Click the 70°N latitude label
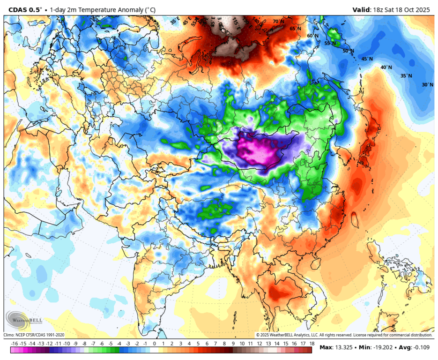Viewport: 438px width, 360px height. point(279,21)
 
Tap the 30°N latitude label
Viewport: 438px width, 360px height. point(427,85)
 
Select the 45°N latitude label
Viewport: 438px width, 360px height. point(367,59)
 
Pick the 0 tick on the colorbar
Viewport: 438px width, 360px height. point(154,349)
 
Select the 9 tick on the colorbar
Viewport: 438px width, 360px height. point(233,349)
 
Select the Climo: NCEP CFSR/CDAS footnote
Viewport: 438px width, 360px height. point(34,335)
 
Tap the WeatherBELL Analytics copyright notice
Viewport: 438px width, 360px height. point(343,335)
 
